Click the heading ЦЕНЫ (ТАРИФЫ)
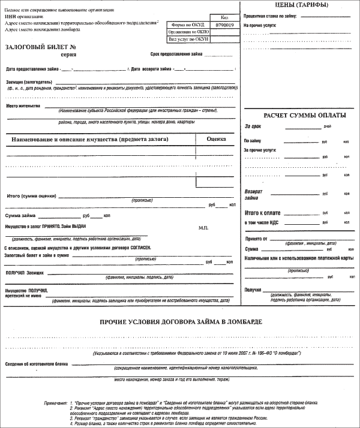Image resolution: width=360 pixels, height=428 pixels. point(283,5)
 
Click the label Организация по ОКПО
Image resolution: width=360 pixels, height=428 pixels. point(188,32)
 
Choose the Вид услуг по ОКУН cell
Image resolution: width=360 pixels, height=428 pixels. point(188,39)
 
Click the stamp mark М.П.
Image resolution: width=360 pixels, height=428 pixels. point(202,228)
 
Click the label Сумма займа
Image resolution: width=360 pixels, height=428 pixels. point(21,215)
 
